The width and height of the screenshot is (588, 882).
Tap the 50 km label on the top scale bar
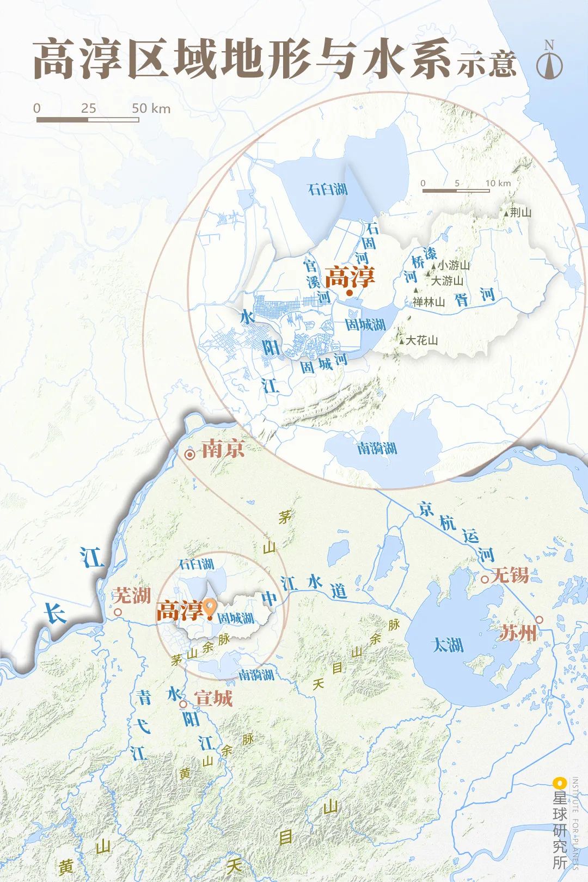coord(151,108)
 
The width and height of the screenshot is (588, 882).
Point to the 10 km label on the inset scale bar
coord(498,183)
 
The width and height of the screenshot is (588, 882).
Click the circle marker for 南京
coord(190,455)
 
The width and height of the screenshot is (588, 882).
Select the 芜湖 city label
coord(132,595)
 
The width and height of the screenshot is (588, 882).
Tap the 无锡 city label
coord(510,574)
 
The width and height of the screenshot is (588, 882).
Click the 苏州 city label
coord(518,633)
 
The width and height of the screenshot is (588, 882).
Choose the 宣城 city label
coord(213,698)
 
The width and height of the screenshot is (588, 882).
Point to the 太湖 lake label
coord(448,645)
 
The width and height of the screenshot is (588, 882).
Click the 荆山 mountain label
coord(520,212)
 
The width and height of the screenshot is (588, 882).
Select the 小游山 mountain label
coord(454,265)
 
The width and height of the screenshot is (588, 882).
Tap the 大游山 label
coord(447,281)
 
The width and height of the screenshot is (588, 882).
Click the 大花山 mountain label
coord(422,340)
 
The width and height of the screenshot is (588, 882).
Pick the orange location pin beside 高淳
coord(209,608)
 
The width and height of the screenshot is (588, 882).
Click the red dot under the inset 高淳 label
coord(350,293)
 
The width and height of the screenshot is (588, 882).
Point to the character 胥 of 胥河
coord(462,299)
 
